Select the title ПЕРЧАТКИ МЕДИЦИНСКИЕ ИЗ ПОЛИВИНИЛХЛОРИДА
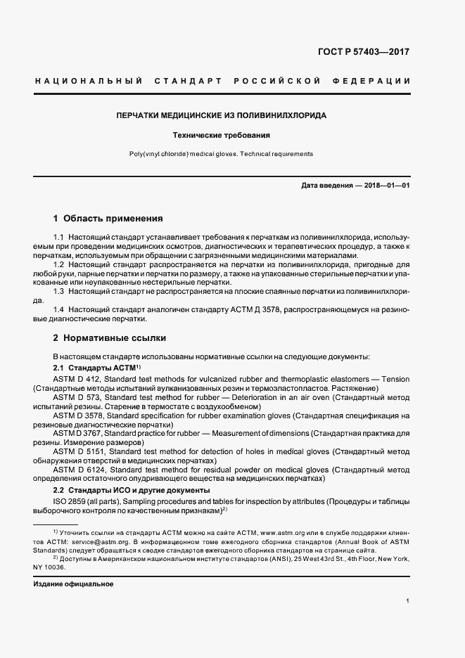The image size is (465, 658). pyautogui.click(x=222, y=115)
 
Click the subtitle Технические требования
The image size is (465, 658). pyautogui.click(x=222, y=134)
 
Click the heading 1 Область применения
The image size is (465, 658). pyautogui.click(x=108, y=218)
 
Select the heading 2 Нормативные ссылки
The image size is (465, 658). pyautogui.click(x=107, y=337)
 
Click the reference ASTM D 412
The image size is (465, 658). pyautogui.click(x=75, y=379)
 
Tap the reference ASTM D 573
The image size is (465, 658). pyautogui.click(x=75, y=398)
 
